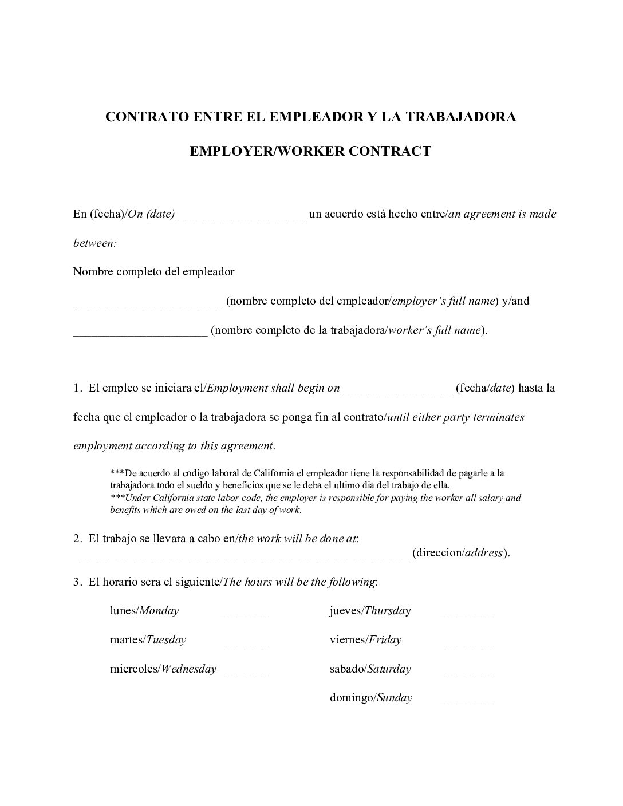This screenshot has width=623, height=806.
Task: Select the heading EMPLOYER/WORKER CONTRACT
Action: (x=310, y=151)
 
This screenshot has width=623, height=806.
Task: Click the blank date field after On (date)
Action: (x=242, y=216)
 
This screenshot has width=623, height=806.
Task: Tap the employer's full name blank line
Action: (x=149, y=302)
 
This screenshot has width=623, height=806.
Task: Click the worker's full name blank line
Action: (x=140, y=331)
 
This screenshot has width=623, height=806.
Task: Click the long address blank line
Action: (x=240, y=554)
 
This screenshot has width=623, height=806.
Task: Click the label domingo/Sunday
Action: (x=370, y=698)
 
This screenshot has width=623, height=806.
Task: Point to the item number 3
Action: (x=77, y=582)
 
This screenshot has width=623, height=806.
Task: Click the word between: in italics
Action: (x=95, y=243)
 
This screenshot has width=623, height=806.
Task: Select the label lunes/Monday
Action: (x=144, y=611)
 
